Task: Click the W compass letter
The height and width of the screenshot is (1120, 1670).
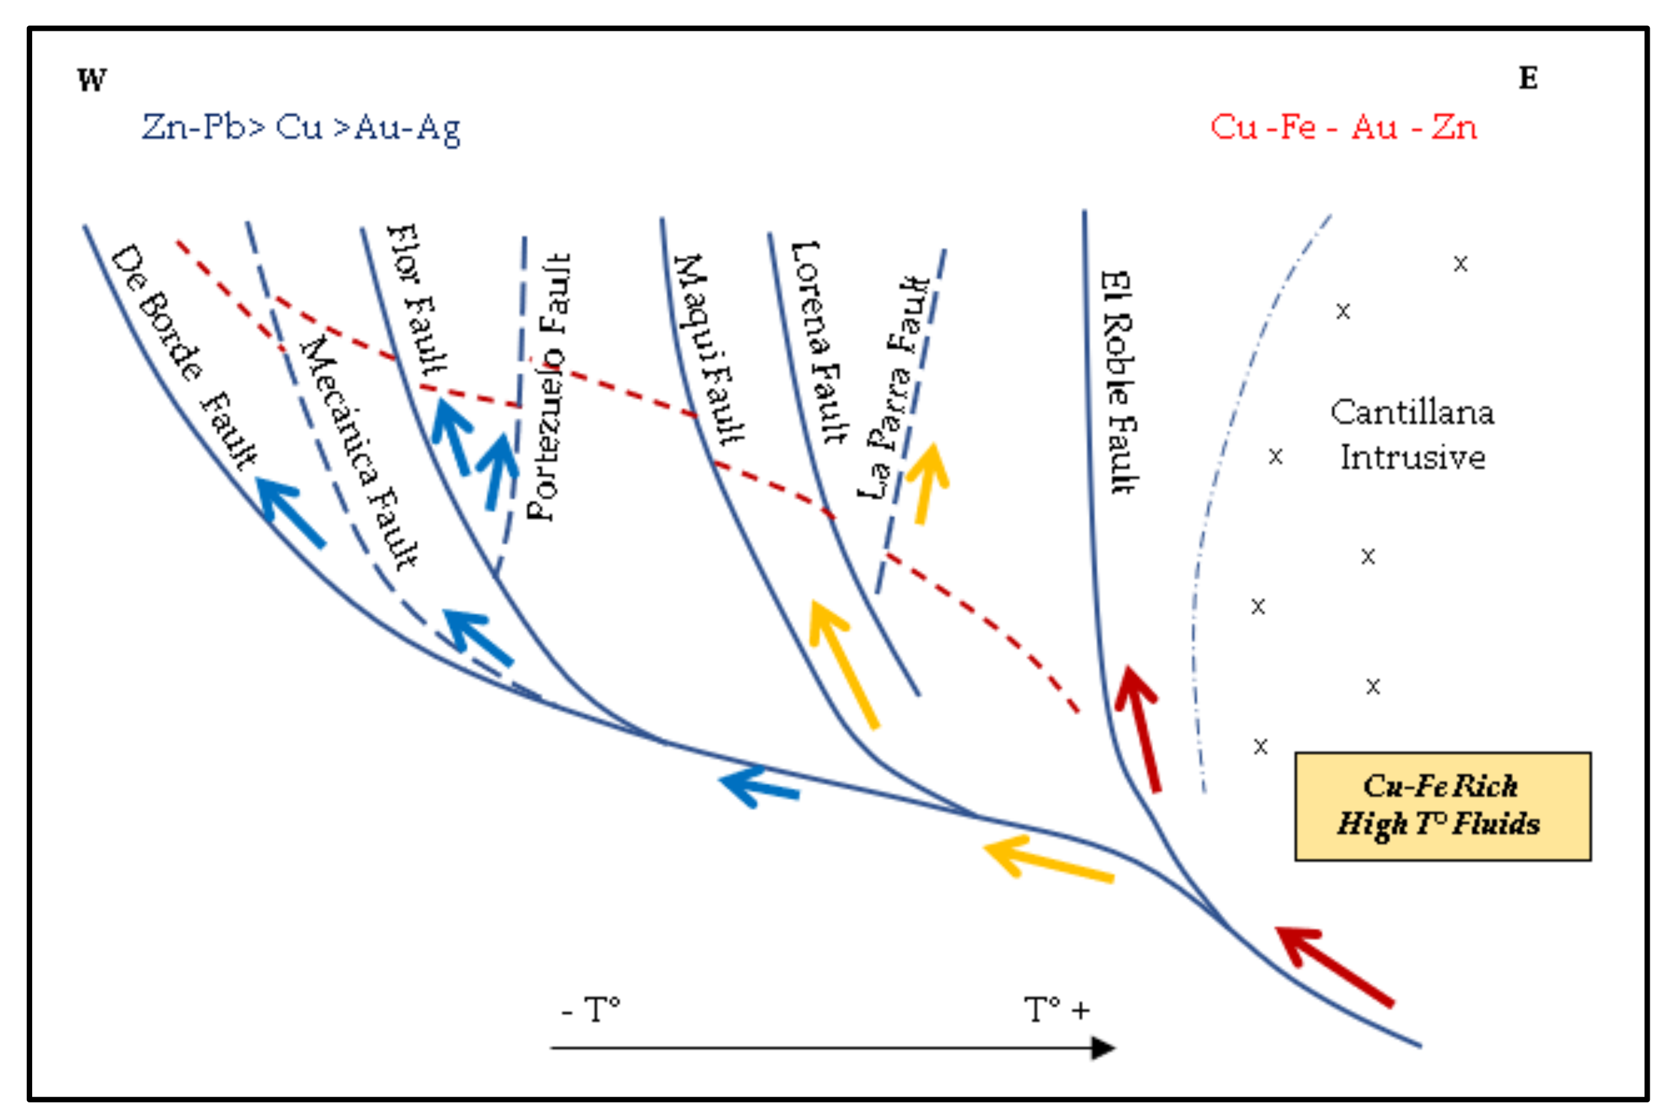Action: [x=92, y=80]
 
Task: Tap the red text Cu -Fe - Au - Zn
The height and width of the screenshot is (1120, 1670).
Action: [x=1343, y=127]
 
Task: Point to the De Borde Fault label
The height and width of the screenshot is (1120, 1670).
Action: [x=184, y=355]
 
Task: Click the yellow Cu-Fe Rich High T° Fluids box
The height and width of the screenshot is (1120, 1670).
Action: [x=1442, y=807]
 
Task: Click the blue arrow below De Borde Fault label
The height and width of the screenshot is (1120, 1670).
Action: [x=289, y=510]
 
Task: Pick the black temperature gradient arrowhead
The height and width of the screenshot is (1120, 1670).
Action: [x=1103, y=1048]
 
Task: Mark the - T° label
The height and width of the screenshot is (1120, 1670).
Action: [x=591, y=1010]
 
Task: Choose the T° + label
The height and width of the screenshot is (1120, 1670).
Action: [x=1056, y=1010]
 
